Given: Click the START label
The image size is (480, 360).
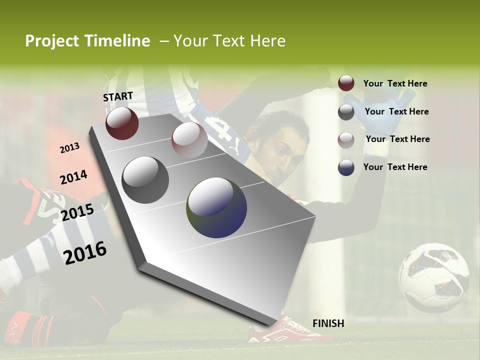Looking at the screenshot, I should pos(118,96).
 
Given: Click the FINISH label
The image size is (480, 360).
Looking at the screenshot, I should pos(328,323).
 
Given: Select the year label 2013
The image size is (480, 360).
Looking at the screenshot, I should pos(69,148).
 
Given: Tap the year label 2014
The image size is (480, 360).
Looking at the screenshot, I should pos(73,177).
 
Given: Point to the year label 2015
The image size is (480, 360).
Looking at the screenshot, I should pos(77,212).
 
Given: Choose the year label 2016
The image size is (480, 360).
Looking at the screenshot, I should pos(85,252).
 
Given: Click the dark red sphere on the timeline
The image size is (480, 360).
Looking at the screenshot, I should pos(122,123).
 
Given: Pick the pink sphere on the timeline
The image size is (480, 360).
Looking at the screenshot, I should pos(189,140).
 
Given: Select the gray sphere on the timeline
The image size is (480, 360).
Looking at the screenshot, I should pos(145,180).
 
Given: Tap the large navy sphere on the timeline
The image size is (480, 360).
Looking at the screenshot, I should pos(216,207).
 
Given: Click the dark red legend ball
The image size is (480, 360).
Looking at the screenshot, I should pos(346,83).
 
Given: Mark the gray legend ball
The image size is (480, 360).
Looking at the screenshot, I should pos(346,112).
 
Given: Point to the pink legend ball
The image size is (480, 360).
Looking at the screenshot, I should pos(346,140).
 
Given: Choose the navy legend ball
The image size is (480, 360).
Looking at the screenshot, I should pos(346,167).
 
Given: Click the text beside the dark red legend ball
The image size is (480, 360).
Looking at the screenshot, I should pos(395,83).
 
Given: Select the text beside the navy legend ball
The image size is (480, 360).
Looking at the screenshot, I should pos(395,167).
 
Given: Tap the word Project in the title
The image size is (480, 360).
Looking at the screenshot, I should pos(52,41).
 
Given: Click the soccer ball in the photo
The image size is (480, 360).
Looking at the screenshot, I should pos(433,277).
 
